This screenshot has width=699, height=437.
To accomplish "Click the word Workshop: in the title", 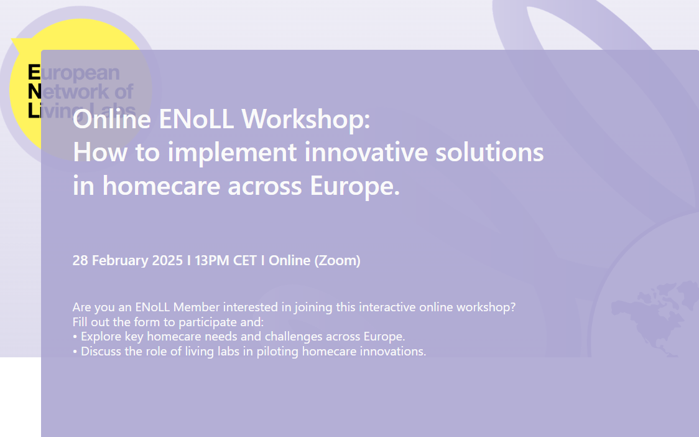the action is [306, 119].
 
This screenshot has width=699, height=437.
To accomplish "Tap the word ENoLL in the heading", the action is [196, 119].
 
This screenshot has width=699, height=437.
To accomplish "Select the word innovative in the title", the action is [366, 152].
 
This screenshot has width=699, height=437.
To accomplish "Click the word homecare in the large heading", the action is [161, 186].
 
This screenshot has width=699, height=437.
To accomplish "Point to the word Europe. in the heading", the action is [355, 186].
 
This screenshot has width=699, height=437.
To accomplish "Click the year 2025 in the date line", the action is [167, 260].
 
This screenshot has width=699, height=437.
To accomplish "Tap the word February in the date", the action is [120, 261].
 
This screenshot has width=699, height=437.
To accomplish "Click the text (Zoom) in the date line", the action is [337, 261].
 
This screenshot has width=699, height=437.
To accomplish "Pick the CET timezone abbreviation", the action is [245, 260].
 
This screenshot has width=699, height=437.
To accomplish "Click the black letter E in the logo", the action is [34, 72].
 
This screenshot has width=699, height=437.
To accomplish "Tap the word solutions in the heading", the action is [489, 152].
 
